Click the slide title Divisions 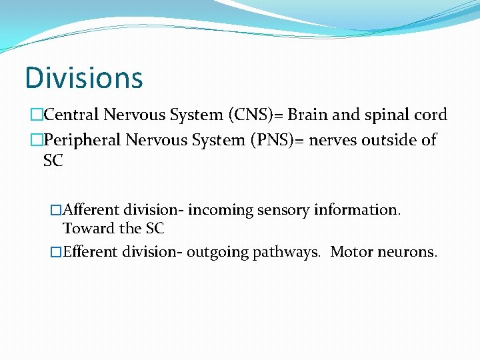coord(84,77)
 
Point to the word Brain coord(306,115)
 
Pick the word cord coord(430,115)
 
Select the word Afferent coord(91,210)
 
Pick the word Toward coord(83,229)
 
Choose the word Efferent coord(91,253)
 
